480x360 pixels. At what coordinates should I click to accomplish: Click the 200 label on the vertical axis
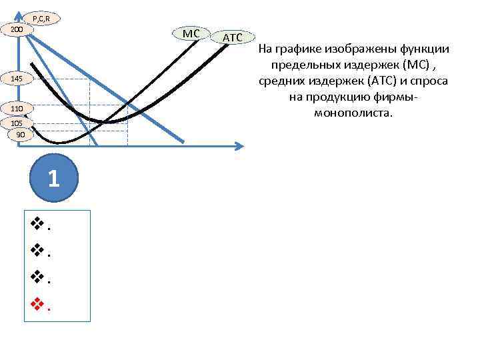17,30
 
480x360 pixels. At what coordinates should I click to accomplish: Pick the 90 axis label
21,135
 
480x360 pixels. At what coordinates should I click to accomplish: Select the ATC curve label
232,38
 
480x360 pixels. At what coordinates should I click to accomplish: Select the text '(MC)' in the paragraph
421,65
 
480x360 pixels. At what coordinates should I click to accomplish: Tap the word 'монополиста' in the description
354,113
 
